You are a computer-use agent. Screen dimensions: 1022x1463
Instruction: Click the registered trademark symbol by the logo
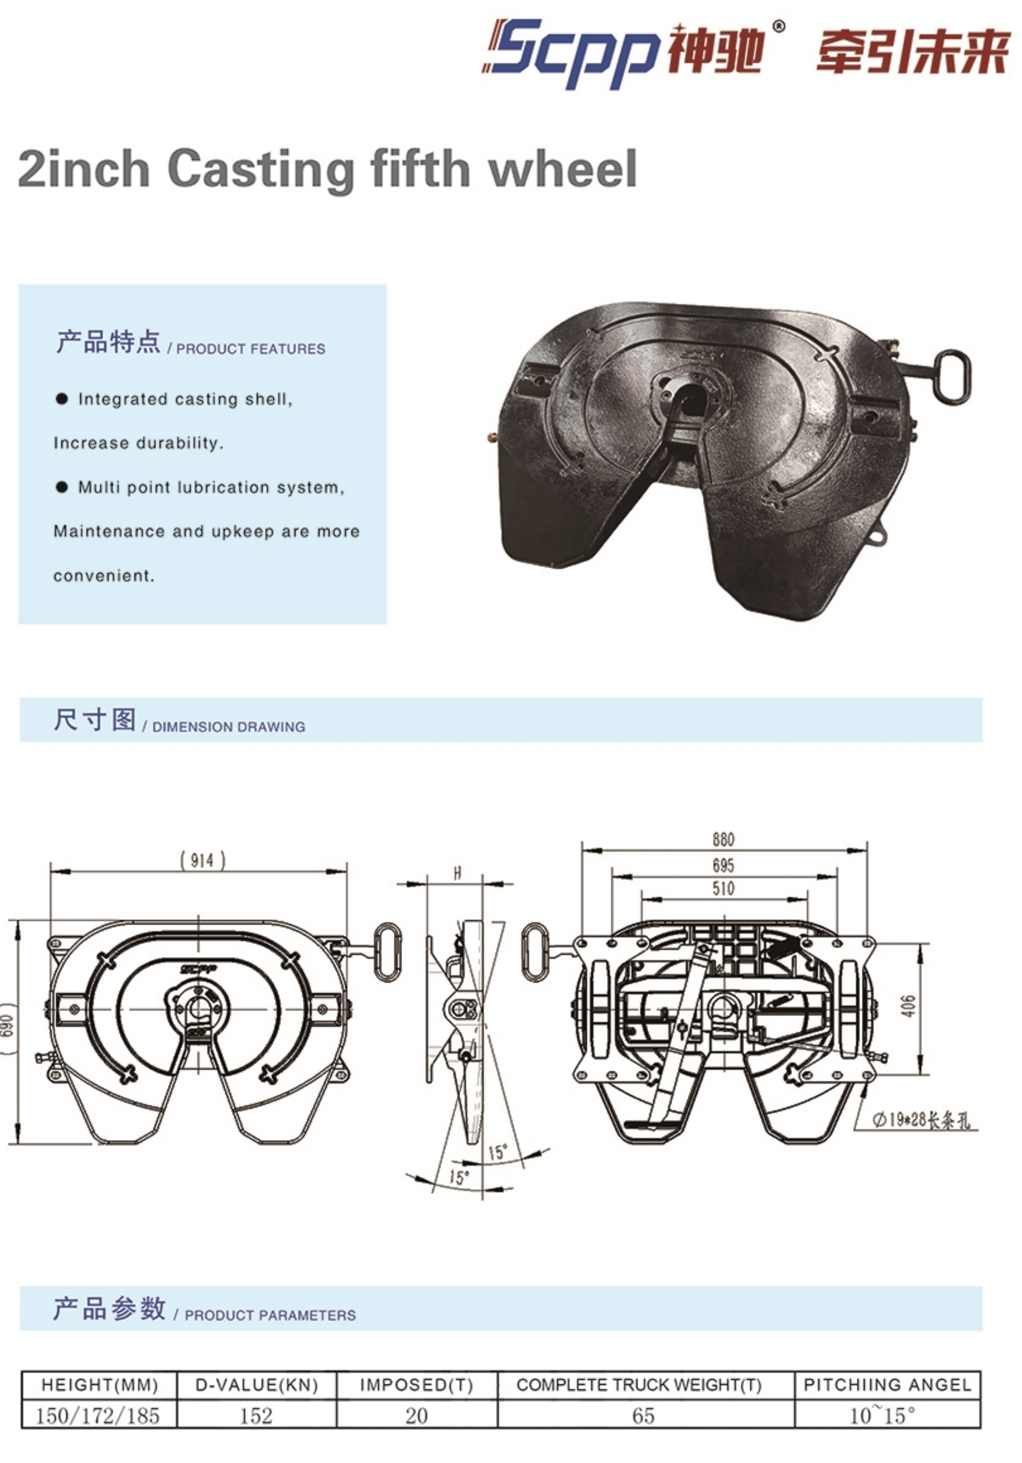(779, 27)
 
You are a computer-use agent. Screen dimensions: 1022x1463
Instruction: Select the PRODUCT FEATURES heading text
(250, 349)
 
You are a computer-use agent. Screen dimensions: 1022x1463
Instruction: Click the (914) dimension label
(202, 861)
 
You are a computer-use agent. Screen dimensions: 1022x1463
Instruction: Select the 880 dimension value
(723, 840)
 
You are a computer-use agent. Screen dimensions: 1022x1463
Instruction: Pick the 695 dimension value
(723, 865)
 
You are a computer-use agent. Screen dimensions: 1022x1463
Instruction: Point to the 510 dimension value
(723, 888)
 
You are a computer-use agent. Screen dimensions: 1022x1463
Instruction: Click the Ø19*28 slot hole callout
(922, 1120)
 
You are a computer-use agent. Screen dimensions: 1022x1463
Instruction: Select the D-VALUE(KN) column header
(256, 1384)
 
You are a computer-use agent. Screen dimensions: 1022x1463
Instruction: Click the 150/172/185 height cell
(98, 1416)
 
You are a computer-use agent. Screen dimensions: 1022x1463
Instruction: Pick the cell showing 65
(644, 1416)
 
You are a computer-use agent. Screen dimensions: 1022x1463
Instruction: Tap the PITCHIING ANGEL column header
(888, 1384)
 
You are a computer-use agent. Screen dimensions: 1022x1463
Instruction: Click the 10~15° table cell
(883, 1415)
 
